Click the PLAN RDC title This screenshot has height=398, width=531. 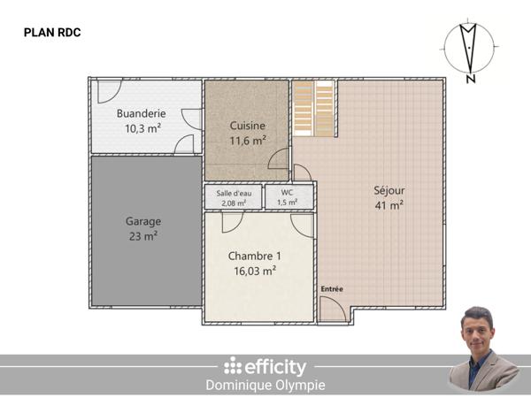[x=52, y=33]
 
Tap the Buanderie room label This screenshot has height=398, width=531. [x=142, y=113]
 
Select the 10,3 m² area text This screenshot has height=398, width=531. [x=142, y=128]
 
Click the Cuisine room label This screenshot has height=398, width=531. [x=248, y=125]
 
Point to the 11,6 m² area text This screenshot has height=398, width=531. [x=248, y=140]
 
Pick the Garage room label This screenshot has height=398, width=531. [x=143, y=221]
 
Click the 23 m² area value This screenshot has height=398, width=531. [x=143, y=236]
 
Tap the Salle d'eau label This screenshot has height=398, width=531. [x=235, y=193]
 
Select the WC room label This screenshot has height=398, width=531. [x=288, y=192]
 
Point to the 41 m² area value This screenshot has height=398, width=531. [x=389, y=204]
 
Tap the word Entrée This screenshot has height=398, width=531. [x=332, y=289]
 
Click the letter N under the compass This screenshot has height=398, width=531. [x=470, y=80]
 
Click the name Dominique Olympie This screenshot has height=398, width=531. [x=265, y=385]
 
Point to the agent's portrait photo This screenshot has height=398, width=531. [x=483, y=350]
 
